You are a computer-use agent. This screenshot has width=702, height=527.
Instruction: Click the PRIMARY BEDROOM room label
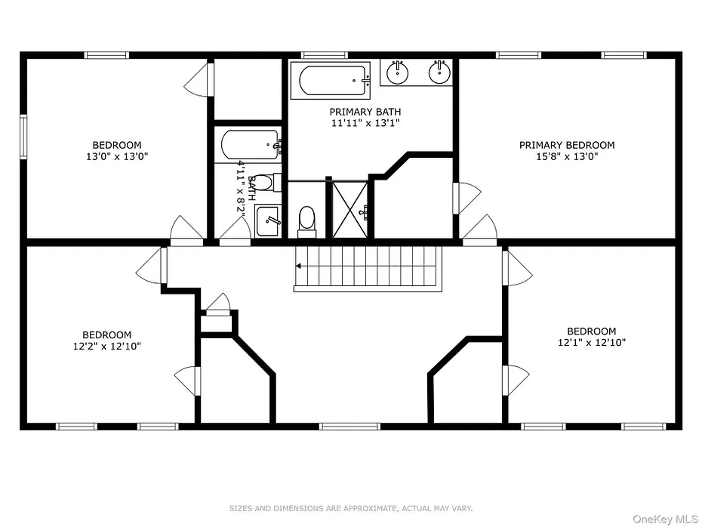click(x=567, y=145)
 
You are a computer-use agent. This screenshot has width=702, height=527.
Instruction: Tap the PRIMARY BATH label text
click(x=365, y=112)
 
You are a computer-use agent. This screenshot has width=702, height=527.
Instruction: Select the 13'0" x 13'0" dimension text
click(x=117, y=156)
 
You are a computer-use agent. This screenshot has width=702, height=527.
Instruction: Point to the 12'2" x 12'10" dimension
click(x=107, y=346)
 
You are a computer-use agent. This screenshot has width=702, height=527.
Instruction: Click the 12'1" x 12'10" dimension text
click(x=592, y=343)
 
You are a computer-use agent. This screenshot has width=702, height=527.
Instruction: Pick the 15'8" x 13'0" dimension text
click(x=567, y=156)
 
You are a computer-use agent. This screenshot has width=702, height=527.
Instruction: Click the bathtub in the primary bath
click(x=331, y=81)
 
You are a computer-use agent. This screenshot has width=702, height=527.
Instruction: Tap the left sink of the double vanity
click(x=397, y=72)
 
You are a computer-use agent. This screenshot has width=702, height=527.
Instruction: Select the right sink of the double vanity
click(x=439, y=72)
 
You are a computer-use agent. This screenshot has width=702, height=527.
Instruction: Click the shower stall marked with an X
click(x=349, y=210)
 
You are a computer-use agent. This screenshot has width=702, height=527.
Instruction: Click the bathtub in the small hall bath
click(x=251, y=145)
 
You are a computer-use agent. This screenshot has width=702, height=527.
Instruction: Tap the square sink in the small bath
click(x=268, y=220)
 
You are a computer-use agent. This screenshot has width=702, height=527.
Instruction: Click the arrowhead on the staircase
click(x=298, y=267)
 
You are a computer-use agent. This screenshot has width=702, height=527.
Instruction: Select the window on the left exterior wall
click(x=23, y=137)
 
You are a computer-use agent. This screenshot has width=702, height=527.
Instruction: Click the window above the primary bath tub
click(x=325, y=56)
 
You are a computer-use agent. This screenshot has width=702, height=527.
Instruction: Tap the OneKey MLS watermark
click(x=665, y=519)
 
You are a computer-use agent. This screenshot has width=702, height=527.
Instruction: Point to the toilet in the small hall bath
click(x=265, y=183)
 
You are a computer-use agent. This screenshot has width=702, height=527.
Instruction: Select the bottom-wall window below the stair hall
click(x=349, y=427)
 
